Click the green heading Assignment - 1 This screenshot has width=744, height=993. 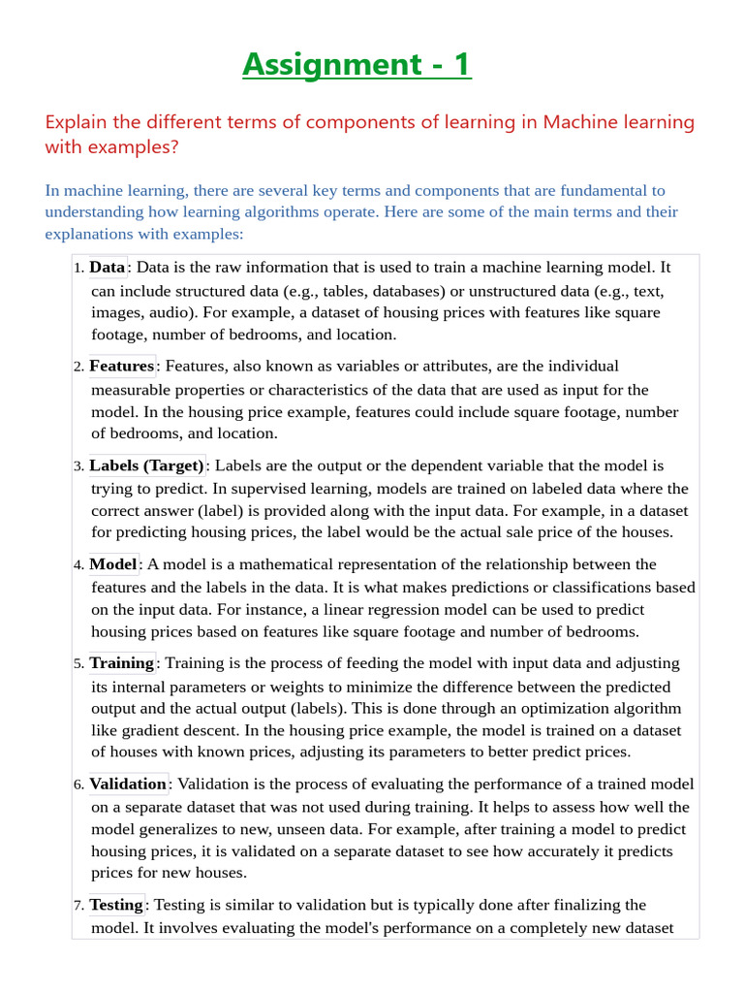(356, 64)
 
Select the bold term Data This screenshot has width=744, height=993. (108, 267)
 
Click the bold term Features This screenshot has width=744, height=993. (121, 366)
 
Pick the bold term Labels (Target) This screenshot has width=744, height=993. (146, 465)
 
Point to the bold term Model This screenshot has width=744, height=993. (113, 564)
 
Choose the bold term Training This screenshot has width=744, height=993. (121, 663)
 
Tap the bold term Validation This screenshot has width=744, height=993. (128, 784)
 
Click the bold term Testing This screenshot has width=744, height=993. (116, 905)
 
